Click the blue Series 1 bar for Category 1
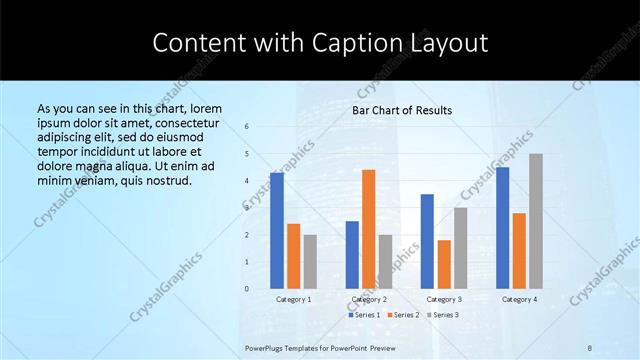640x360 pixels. coord(277,231)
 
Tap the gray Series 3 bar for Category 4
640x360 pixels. coord(536,221)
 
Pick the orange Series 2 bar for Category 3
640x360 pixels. coord(444,264)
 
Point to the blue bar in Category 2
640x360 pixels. coord(352,255)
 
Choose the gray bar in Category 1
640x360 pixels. coord(310,262)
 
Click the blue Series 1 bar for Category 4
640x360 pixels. coord(503,228)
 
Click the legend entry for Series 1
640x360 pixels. coord(364,314)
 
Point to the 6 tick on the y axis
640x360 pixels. coord(247,127)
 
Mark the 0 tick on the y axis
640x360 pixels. coord(247,289)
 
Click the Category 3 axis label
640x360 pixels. coord(444,299)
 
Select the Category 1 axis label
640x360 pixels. coord(294,299)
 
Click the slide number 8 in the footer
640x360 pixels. coord(590,347)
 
